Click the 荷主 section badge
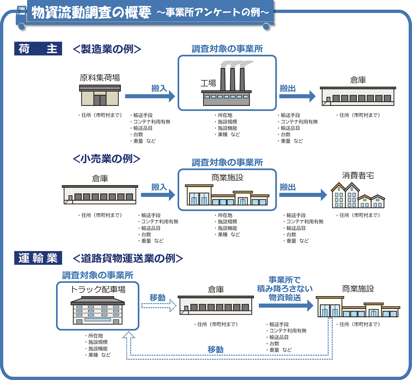pos(38,49)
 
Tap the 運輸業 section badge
pos(38,258)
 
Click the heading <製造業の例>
pos(107,49)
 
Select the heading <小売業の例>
pos(107,159)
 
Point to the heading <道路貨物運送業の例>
pos(128,258)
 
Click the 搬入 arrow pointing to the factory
pos(150,96)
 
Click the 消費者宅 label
pos(358,176)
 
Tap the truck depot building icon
pos(98,311)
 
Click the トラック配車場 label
pos(98,289)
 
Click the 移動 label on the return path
pos(216,349)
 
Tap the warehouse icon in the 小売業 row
pos(100,195)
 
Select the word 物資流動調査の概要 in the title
pos(91,13)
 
